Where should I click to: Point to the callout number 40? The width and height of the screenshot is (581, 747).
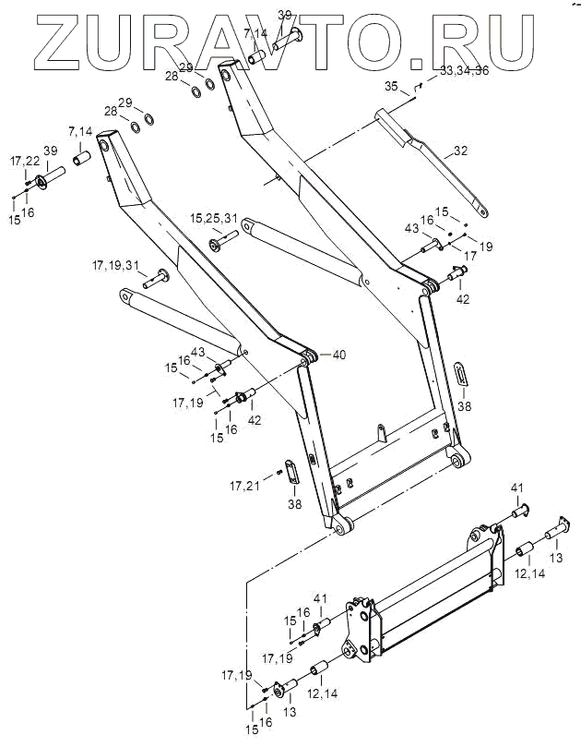point(338,355)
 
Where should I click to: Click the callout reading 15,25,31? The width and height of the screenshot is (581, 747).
point(214,218)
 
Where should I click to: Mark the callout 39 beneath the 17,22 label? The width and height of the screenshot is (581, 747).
point(50,151)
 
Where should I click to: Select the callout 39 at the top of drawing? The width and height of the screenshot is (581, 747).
point(285,15)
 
